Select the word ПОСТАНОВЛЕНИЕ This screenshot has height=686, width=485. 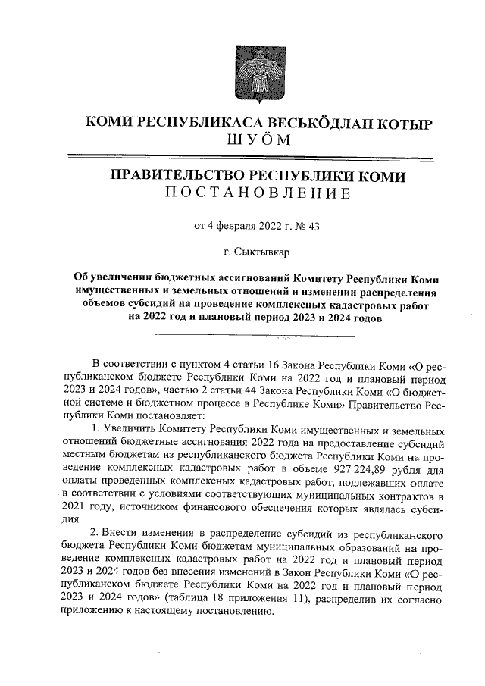coord(258,195)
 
